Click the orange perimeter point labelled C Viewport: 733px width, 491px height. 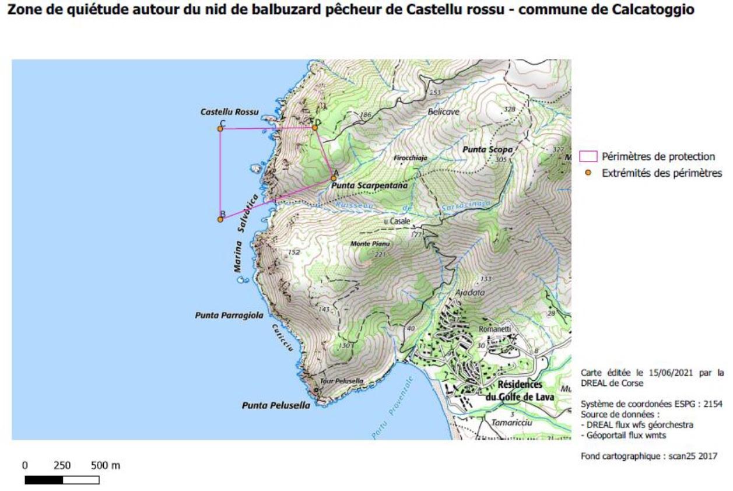(x=220, y=128)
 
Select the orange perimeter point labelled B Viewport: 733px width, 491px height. (x=220, y=219)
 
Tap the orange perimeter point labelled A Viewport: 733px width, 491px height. (x=333, y=178)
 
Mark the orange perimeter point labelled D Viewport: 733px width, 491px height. (x=314, y=128)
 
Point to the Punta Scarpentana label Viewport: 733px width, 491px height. (x=369, y=185)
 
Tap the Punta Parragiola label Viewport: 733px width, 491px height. (x=229, y=315)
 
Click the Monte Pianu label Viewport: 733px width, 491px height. (x=370, y=244)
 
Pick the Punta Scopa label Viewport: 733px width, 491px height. (x=488, y=150)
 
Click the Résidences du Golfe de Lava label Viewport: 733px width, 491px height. (x=520, y=391)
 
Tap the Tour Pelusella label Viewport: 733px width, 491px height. (x=342, y=381)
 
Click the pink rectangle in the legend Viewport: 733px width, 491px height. (x=588, y=156)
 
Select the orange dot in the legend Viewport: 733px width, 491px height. (x=588, y=173)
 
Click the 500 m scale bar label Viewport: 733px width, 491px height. (x=106, y=466)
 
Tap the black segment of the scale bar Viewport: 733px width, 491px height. (x=44, y=481)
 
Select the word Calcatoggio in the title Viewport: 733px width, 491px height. (x=657, y=10)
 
